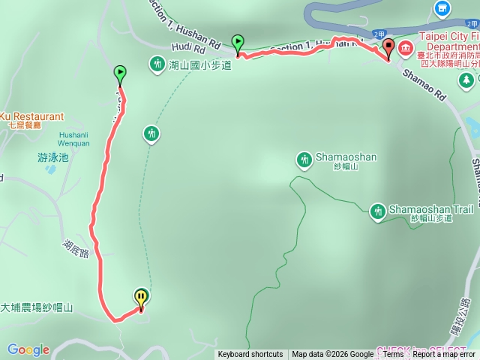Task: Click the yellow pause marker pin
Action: click(x=141, y=298)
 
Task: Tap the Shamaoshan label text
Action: click(x=346, y=157)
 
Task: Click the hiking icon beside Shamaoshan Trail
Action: click(x=377, y=211)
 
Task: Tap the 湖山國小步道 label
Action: click(x=199, y=65)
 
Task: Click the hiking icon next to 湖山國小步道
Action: click(x=157, y=64)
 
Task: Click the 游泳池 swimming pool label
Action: click(x=52, y=157)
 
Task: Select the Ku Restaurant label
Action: click(x=31, y=116)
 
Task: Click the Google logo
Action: click(x=28, y=349)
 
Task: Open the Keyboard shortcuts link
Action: click(x=250, y=355)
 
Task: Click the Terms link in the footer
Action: click(x=393, y=355)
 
